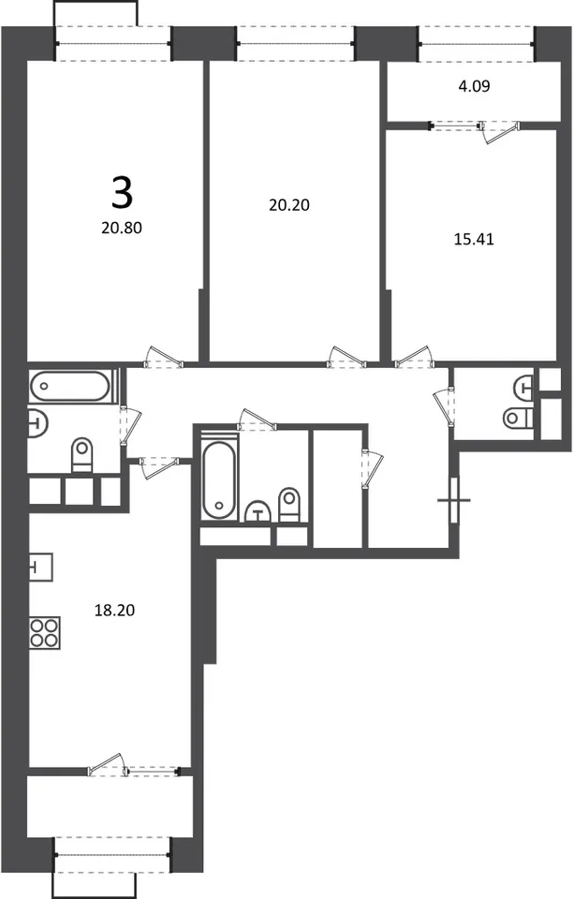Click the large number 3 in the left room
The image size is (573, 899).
coord(122,193)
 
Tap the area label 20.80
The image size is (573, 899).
coord(122,228)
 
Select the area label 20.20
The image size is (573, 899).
coord(289,205)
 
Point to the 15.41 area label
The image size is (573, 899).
coord(474,239)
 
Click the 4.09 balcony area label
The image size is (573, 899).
coord(474,86)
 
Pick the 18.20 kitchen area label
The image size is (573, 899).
coord(114,610)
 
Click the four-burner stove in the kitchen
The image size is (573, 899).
coord(45,633)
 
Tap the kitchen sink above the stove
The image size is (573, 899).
coord(40,567)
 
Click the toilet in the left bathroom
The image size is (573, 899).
coord(81,455)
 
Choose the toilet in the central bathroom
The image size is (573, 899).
coord(289,505)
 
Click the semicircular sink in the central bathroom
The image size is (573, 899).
coord(258,512)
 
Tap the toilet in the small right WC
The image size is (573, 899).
coord(519,419)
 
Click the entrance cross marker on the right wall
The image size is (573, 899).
coord(454,500)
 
